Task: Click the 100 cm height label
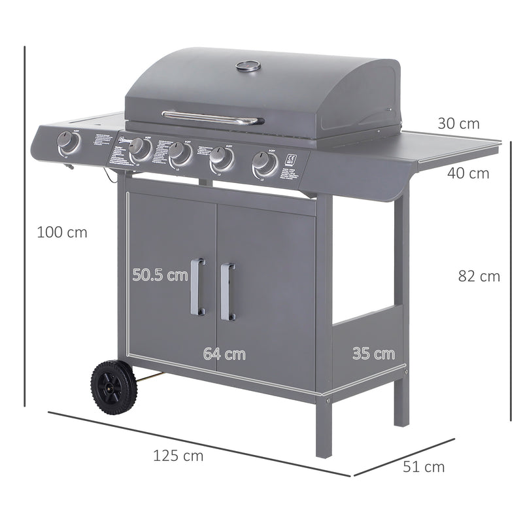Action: click(x=61, y=231)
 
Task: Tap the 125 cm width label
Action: click(x=178, y=456)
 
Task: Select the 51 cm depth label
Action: click(x=424, y=467)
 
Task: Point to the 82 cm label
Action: click(x=479, y=277)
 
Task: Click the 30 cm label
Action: click(x=458, y=124)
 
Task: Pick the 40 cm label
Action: click(x=468, y=173)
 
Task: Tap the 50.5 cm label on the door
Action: click(x=160, y=275)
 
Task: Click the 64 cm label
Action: click(x=224, y=354)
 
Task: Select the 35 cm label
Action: click(x=374, y=354)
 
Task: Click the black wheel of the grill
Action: click(x=114, y=387)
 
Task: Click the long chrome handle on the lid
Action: click(x=213, y=117)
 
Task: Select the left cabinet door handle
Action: click(x=197, y=286)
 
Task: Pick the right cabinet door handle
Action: click(x=226, y=292)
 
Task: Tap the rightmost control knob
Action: click(x=265, y=163)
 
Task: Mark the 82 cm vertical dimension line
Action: click(x=510, y=281)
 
